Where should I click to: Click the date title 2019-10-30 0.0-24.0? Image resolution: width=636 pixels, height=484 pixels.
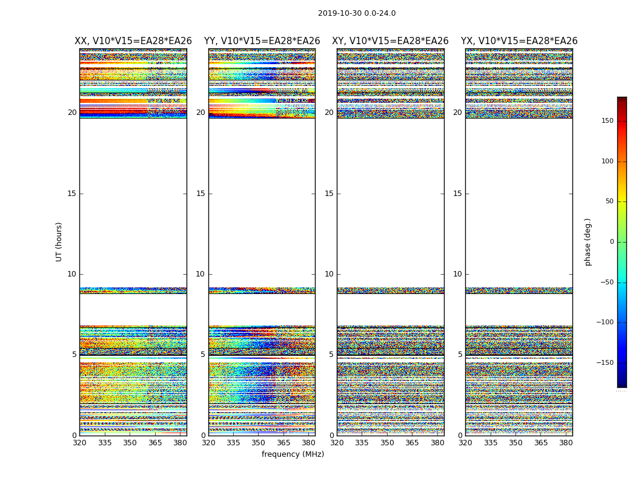coord(357,13)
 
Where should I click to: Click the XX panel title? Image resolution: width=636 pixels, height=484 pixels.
coord(133,41)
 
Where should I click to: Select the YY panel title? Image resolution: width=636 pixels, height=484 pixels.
coord(262,41)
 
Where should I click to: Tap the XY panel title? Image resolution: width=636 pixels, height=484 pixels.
coord(390,41)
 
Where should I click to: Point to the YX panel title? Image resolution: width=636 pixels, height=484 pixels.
coord(519,41)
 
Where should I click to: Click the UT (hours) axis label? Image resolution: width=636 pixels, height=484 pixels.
coord(59,241)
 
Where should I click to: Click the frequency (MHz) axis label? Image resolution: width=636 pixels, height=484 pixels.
coord(293,454)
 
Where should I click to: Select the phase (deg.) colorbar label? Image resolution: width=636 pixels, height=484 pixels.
coord(588,241)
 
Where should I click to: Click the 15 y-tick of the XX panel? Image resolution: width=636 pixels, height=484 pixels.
coord(72,194)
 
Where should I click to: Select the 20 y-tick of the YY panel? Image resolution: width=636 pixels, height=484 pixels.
coord(200,113)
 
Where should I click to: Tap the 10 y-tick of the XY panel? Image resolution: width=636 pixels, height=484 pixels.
coord(329,274)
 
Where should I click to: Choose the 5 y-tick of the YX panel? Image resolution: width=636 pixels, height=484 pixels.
coord(460,355)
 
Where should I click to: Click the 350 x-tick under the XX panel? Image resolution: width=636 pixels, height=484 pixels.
coord(130,443)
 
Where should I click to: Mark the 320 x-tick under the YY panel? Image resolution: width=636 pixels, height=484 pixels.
coord(208,443)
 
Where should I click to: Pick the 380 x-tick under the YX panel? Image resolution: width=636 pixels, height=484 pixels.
coord(566,443)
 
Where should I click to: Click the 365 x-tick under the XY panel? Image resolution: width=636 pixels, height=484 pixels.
coord(412,443)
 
